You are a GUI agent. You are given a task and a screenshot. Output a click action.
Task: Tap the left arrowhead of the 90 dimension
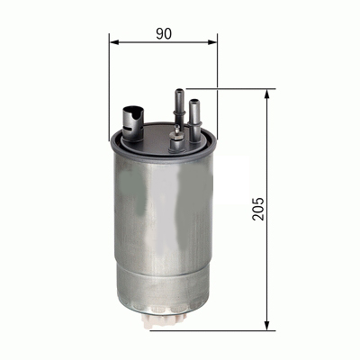click(x=113, y=41)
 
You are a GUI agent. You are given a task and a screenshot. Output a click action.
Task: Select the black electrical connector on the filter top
click(x=131, y=118)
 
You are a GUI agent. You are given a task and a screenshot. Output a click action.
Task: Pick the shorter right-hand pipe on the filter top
click(x=195, y=112)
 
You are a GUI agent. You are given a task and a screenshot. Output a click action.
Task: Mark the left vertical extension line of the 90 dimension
click(x=109, y=81)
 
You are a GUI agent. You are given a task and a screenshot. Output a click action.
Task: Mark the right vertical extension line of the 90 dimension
click(x=217, y=81)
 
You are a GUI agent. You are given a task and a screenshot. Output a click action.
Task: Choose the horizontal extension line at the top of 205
click(x=234, y=89)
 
